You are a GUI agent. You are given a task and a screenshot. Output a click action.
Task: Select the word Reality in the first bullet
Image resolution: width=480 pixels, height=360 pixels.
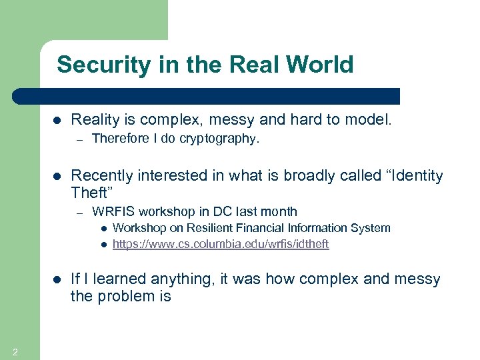[x=93, y=120]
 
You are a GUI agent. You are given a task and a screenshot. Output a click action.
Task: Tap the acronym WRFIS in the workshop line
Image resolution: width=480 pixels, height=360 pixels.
[x=111, y=212]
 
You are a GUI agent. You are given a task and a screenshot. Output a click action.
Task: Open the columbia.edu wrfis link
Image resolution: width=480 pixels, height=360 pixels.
[x=221, y=245]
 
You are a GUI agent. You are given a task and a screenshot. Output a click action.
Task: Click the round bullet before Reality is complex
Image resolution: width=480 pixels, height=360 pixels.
[x=56, y=121]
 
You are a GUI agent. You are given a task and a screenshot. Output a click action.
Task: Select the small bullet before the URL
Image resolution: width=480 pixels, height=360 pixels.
[x=104, y=245]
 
